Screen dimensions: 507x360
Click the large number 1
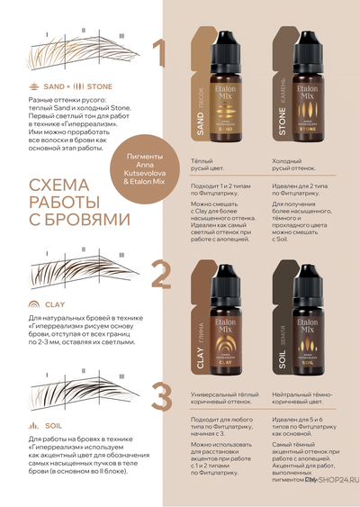(159, 55)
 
